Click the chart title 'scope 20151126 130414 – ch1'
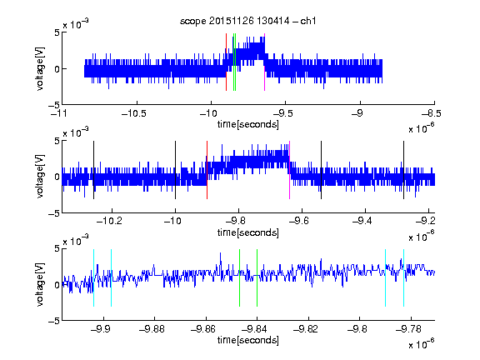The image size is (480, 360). tap(247, 21)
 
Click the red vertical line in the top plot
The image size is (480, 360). tap(226, 62)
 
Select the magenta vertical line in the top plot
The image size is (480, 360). tap(264, 62)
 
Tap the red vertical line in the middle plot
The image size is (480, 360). tap(207, 170)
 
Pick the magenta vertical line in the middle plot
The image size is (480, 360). tap(290, 170)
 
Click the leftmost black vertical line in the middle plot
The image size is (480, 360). tap(93, 170)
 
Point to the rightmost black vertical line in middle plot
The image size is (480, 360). tap(404, 170)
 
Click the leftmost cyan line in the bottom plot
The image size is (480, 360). tap(93, 278)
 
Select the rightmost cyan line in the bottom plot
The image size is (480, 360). tap(404, 278)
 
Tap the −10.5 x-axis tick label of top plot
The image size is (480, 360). tap(134, 114)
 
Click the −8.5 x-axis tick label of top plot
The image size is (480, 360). tap(432, 114)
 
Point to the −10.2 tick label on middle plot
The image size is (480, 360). tap(109, 221)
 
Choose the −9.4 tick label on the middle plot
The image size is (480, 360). tap(362, 221)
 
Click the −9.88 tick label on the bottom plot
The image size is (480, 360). tap(152, 329)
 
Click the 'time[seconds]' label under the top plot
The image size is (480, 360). tap(248, 124)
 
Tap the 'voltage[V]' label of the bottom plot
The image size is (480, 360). tap(40, 284)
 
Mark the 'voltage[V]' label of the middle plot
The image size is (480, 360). tap(40, 177)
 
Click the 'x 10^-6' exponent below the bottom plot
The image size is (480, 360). tap(421, 343)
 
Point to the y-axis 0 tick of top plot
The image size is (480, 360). tap(57, 69)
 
